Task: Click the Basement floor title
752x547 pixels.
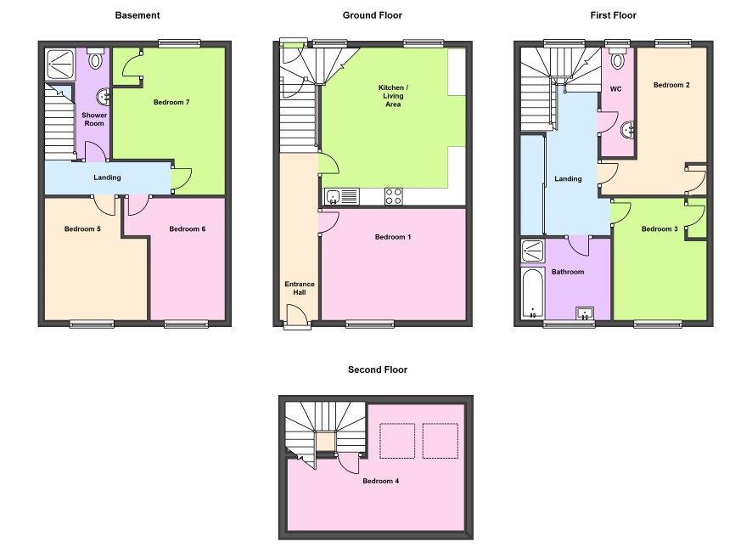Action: coord(137,15)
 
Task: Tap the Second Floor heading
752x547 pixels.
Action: coord(378,369)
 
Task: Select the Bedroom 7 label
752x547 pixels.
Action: coord(171,102)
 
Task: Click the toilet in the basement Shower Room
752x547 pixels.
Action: coord(96,59)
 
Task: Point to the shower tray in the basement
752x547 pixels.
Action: coord(60,65)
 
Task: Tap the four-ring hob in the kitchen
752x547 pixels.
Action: coord(393,196)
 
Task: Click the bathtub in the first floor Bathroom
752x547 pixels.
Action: coord(532,293)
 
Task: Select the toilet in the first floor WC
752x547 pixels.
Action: coord(618,58)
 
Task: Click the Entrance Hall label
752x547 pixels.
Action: coord(300,288)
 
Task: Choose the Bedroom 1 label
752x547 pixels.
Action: coord(393,237)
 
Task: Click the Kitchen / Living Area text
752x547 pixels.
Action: coord(393,96)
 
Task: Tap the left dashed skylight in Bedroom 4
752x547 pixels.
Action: coord(397,441)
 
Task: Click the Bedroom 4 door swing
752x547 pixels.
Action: coord(348,463)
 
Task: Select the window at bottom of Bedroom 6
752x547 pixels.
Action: coord(186,324)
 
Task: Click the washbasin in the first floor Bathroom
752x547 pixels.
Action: coord(585,313)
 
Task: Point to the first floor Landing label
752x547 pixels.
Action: coord(568,179)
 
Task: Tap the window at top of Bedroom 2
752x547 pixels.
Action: coord(673,43)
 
